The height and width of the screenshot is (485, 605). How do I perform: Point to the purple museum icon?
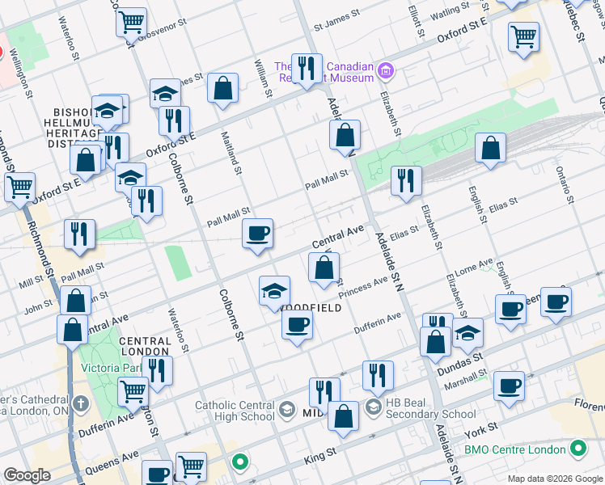pos(386,71)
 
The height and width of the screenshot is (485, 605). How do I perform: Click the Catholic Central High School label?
pos(235,411)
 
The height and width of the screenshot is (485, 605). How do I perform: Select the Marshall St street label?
pos(466,380)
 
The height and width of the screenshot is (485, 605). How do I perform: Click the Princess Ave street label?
pos(364,289)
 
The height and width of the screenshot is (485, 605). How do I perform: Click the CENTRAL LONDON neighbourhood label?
pos(146,347)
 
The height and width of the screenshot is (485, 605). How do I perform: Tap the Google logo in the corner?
pos(27,475)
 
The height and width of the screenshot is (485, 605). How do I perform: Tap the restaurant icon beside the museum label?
pos(306,70)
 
